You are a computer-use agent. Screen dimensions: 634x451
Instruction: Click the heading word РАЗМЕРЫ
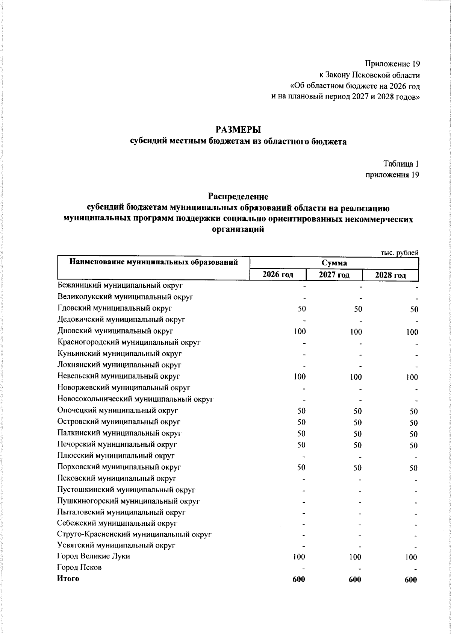[x=238, y=130]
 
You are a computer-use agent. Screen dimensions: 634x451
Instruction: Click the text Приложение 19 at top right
[x=392, y=64]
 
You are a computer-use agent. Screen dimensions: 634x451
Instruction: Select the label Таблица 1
[x=401, y=164]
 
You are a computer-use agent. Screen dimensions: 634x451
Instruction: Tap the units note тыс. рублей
[x=400, y=253]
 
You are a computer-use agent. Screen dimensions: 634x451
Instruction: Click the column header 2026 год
[x=278, y=275]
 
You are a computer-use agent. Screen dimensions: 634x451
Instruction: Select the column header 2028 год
[x=390, y=275]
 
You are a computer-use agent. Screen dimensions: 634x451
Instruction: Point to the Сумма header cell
[x=334, y=263]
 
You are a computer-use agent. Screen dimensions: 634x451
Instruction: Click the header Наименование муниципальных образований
[x=154, y=262]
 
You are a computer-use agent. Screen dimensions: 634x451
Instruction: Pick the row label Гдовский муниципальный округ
[x=115, y=308]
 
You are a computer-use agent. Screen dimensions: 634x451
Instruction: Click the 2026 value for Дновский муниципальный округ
[x=300, y=332]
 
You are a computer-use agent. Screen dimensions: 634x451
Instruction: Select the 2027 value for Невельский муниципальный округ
[x=355, y=377]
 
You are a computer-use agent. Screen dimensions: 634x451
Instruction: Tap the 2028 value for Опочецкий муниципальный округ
[x=413, y=412]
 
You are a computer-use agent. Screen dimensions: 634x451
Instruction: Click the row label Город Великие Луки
[x=94, y=556]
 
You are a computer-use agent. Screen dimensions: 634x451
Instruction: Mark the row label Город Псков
[x=79, y=567]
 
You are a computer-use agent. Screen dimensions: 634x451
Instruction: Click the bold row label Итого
[x=68, y=579]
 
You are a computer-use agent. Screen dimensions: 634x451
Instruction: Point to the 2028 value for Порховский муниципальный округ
[x=413, y=468]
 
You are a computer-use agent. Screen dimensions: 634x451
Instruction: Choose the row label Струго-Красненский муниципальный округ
[x=134, y=534]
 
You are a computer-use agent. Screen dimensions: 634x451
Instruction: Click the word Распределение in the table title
[x=238, y=197]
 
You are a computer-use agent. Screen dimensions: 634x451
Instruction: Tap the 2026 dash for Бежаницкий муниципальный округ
[x=304, y=287]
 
